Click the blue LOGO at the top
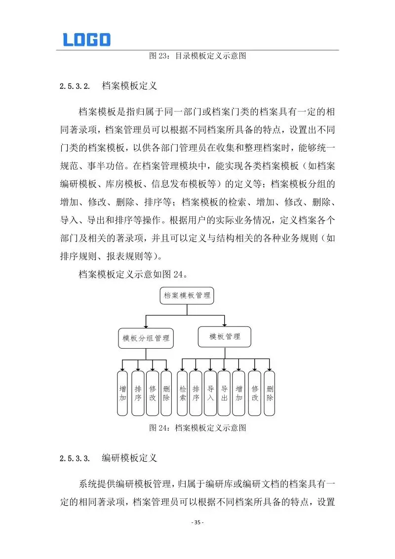coord(86,40)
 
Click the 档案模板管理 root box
coord(187,296)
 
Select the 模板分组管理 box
coord(146,338)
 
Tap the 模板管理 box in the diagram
coord(225,337)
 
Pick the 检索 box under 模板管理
coord(182,393)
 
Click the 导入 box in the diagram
coord(210,393)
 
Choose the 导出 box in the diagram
coord(224,393)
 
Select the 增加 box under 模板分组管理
coord(123,393)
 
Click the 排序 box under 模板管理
coord(196,393)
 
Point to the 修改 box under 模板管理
coord(254,393)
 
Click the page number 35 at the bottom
coord(197,522)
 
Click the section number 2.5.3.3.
coord(75,458)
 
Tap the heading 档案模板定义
coord(129,86)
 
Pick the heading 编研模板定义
coord(129,458)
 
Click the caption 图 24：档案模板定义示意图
coord(197,428)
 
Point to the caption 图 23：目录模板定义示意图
coord(197,56)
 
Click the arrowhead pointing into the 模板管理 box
coord(225,324)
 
